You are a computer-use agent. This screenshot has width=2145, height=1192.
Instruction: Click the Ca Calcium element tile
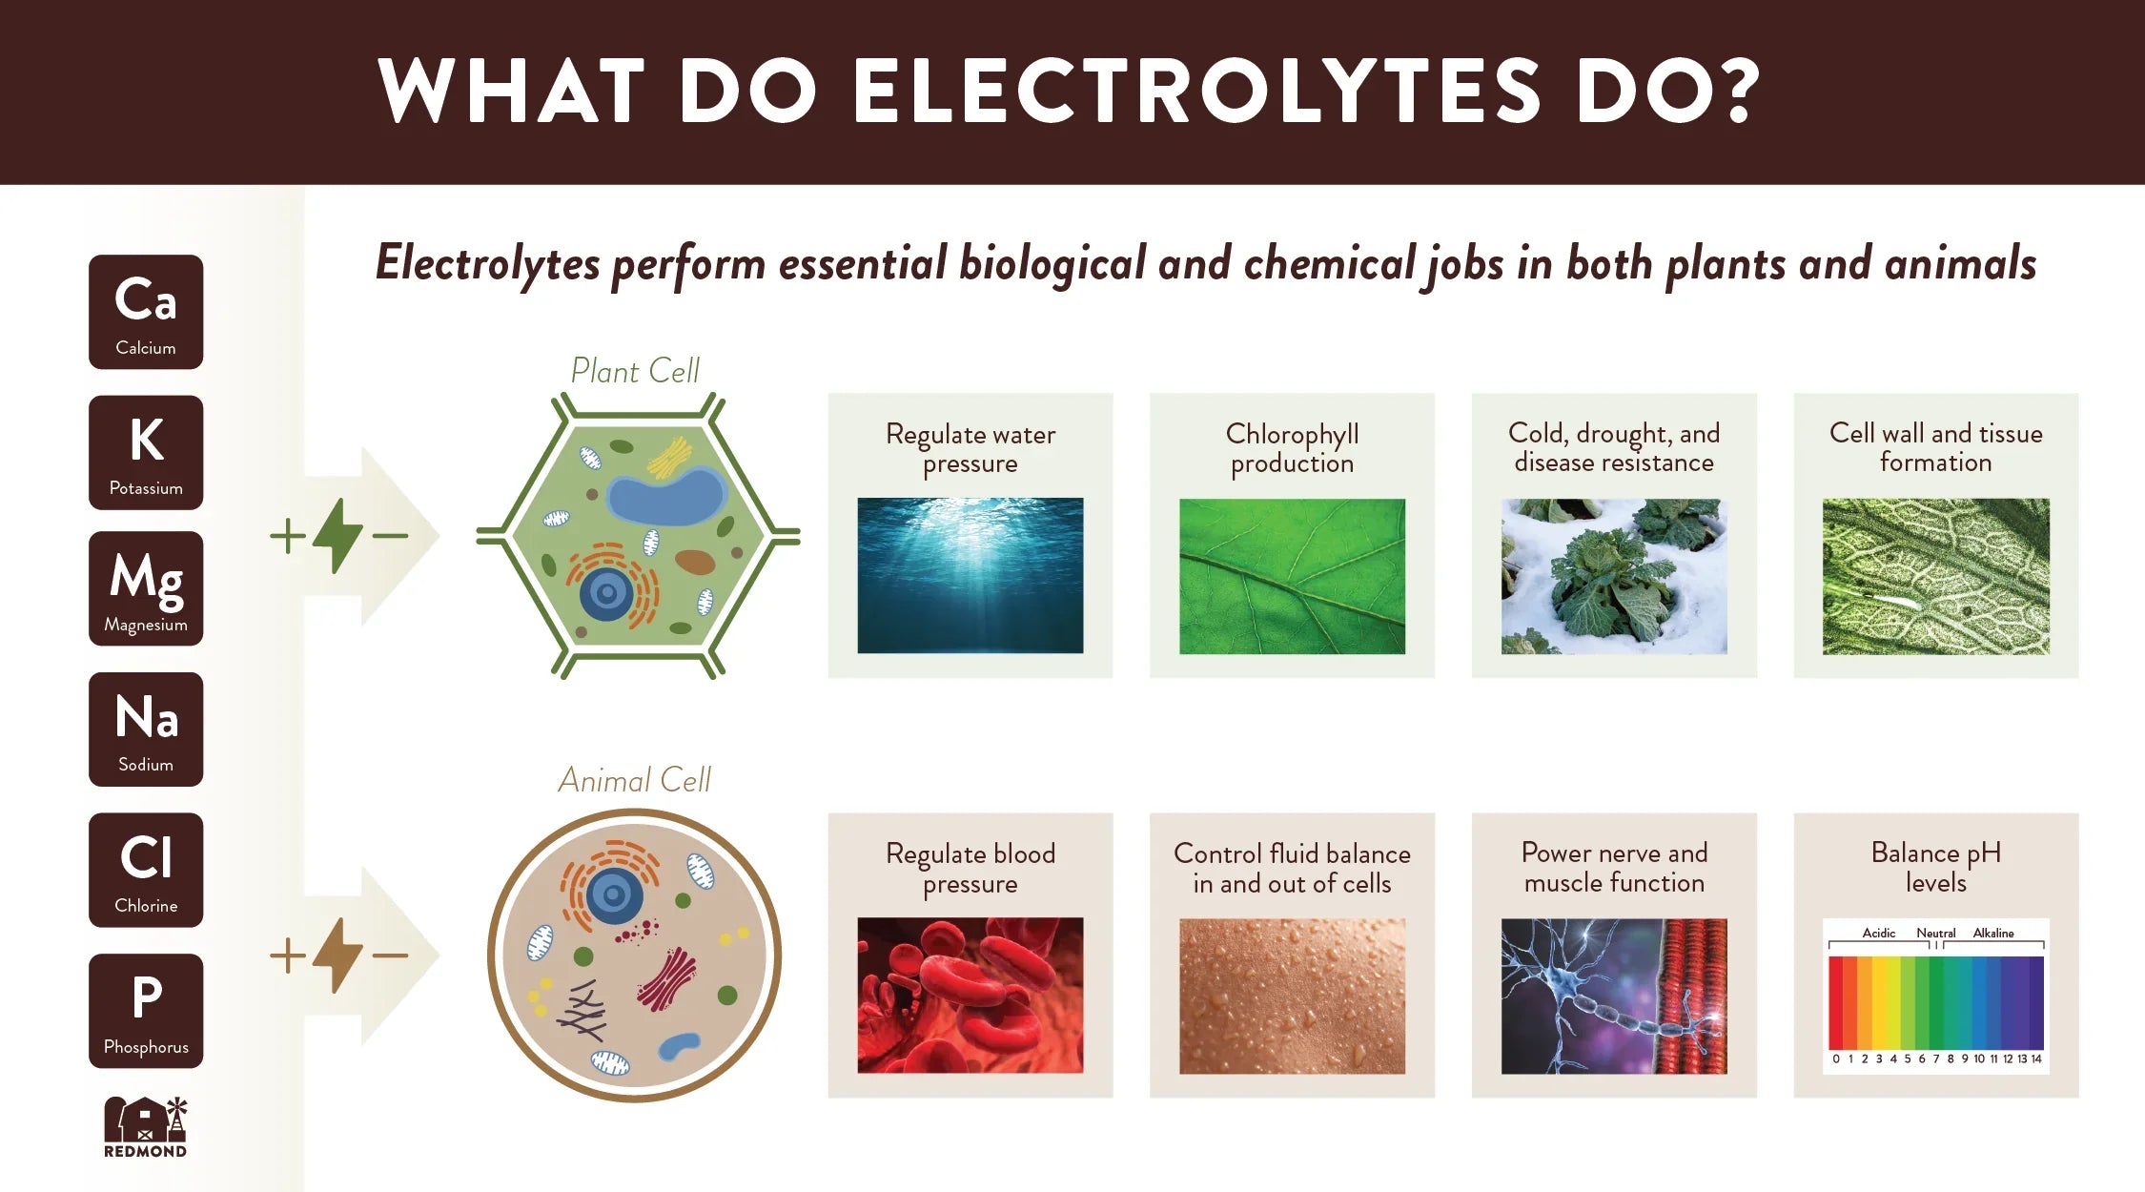point(146,312)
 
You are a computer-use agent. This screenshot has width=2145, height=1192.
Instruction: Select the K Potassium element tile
point(146,452)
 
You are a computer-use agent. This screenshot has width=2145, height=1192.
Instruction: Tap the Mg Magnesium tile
point(146,588)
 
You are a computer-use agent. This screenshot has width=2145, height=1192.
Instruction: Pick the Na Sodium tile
point(146,730)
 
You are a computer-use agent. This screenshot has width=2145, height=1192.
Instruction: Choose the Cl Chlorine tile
point(146,870)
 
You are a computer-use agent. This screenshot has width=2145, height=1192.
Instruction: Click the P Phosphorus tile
point(146,1011)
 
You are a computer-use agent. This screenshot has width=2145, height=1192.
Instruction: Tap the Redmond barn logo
point(146,1127)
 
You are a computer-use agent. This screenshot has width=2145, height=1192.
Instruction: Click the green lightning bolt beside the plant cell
point(337,536)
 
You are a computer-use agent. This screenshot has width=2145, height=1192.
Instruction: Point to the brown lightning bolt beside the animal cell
point(337,955)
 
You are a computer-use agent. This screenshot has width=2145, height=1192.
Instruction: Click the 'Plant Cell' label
point(635,370)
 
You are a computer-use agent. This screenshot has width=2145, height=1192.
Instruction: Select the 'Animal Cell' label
point(635,780)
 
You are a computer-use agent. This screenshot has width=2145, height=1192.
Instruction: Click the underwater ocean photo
point(970,575)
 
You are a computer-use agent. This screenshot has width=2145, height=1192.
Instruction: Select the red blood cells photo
point(970,996)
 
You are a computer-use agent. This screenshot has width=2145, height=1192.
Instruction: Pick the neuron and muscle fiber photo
point(1614,996)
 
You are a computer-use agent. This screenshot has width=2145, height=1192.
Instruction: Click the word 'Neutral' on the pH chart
point(1936,933)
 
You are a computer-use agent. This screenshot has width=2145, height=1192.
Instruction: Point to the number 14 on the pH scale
point(2036,1058)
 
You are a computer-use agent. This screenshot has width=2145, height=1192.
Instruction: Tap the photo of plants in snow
point(1614,576)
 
